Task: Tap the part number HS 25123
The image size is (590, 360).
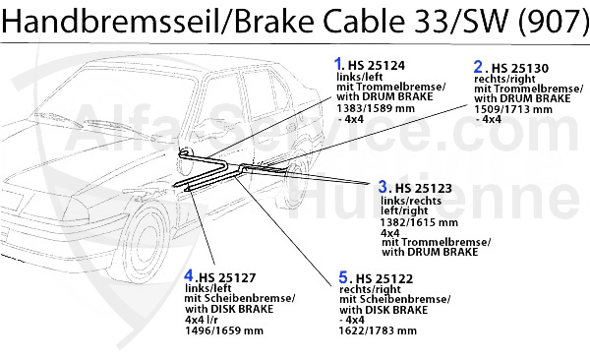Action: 425,187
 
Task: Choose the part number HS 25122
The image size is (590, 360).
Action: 379,277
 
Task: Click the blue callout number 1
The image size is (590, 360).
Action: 339,65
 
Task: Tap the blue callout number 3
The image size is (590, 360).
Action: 383,185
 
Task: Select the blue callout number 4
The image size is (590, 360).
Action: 189,275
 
